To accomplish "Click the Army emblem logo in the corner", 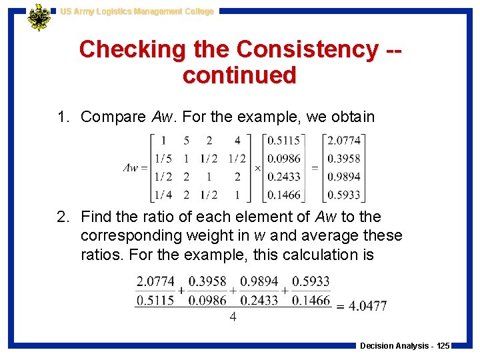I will pyautogui.click(x=39, y=17).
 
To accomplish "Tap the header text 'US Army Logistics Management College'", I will pyautogui.click(x=137, y=11).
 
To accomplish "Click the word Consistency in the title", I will pyautogui.click(x=307, y=49).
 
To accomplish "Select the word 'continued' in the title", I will pyautogui.click(x=239, y=75).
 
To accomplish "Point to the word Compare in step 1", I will pyautogui.click(x=113, y=117).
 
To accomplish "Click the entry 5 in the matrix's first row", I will pyautogui.click(x=186, y=141).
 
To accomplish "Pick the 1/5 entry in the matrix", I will pyautogui.click(x=163, y=159).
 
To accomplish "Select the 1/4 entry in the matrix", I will pyautogui.click(x=163, y=195).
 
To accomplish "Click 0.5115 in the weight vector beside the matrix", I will pyautogui.click(x=283, y=141).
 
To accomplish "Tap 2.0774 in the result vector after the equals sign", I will pyautogui.click(x=343, y=141).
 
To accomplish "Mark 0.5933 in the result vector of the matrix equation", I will pyautogui.click(x=343, y=195).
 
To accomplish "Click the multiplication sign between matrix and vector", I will pyautogui.click(x=258, y=168).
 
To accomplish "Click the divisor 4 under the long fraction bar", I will pyautogui.click(x=233, y=317).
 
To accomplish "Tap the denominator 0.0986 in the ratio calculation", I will pyautogui.click(x=207, y=300).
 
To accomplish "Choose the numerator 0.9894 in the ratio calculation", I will pyautogui.click(x=259, y=281).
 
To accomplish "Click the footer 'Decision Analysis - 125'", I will pyautogui.click(x=405, y=346).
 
